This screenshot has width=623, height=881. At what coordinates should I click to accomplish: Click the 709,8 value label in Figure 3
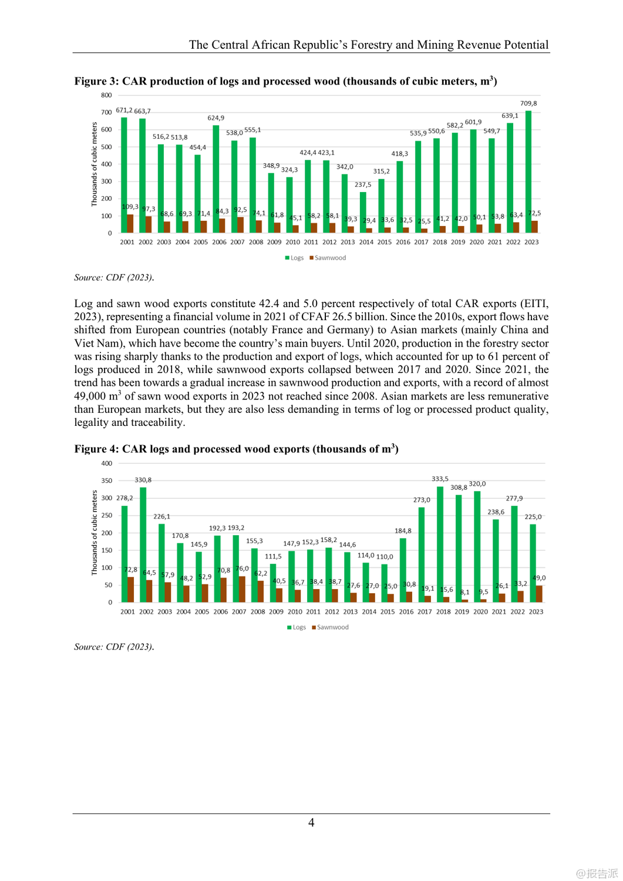[x=528, y=103]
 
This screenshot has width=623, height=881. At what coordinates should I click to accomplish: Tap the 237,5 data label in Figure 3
[x=363, y=184]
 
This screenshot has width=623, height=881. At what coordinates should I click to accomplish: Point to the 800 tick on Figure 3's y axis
[x=106, y=95]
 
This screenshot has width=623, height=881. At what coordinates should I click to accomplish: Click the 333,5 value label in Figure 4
[x=440, y=479]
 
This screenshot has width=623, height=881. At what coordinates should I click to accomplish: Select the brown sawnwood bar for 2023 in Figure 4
[x=539, y=594]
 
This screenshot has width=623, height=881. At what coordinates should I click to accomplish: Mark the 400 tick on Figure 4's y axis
[x=106, y=463]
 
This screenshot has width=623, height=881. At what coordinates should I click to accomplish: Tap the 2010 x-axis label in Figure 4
[x=295, y=611]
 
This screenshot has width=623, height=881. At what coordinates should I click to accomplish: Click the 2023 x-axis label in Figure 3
[x=531, y=242]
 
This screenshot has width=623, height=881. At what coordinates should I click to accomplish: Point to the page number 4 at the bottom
[x=311, y=822]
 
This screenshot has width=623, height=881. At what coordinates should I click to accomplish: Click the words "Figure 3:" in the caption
[x=96, y=81]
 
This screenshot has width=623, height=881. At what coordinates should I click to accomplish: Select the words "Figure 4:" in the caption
[x=96, y=449]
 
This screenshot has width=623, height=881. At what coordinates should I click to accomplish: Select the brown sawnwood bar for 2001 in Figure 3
[x=130, y=223]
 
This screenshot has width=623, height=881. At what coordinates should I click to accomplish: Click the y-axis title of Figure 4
[x=95, y=532]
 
